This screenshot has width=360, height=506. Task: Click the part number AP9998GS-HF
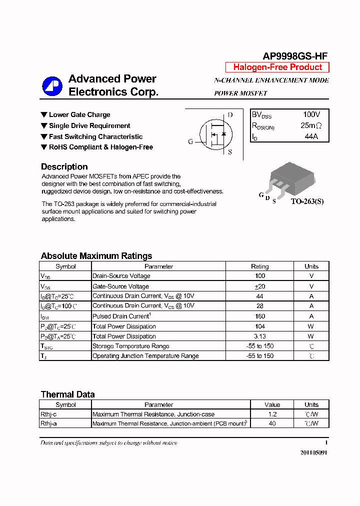click(x=295, y=56)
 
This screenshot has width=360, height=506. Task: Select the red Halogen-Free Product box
click(x=277, y=67)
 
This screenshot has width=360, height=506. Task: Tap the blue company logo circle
click(x=52, y=86)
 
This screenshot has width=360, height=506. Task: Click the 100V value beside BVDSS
click(x=311, y=115)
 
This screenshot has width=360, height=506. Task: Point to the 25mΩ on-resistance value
click(x=311, y=125)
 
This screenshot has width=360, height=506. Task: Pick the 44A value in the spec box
click(x=311, y=136)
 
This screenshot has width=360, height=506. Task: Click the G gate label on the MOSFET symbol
click(x=190, y=141)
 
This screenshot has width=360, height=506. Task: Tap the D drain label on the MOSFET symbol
click(x=230, y=115)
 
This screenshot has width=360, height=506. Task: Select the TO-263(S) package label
click(x=307, y=201)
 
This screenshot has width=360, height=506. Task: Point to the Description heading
click(x=64, y=167)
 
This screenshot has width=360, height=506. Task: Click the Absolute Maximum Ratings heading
click(x=96, y=256)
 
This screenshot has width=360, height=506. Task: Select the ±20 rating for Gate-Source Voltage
click(x=259, y=286)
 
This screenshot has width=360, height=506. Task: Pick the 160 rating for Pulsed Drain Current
click(x=259, y=316)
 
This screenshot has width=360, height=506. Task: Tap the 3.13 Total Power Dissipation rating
click(x=259, y=336)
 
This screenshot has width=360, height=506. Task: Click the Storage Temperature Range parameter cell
click(x=131, y=346)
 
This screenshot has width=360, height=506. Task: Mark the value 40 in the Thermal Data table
click(x=272, y=423)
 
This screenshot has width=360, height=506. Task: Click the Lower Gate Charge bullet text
click(x=79, y=115)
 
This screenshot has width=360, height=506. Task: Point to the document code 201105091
click(x=313, y=452)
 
